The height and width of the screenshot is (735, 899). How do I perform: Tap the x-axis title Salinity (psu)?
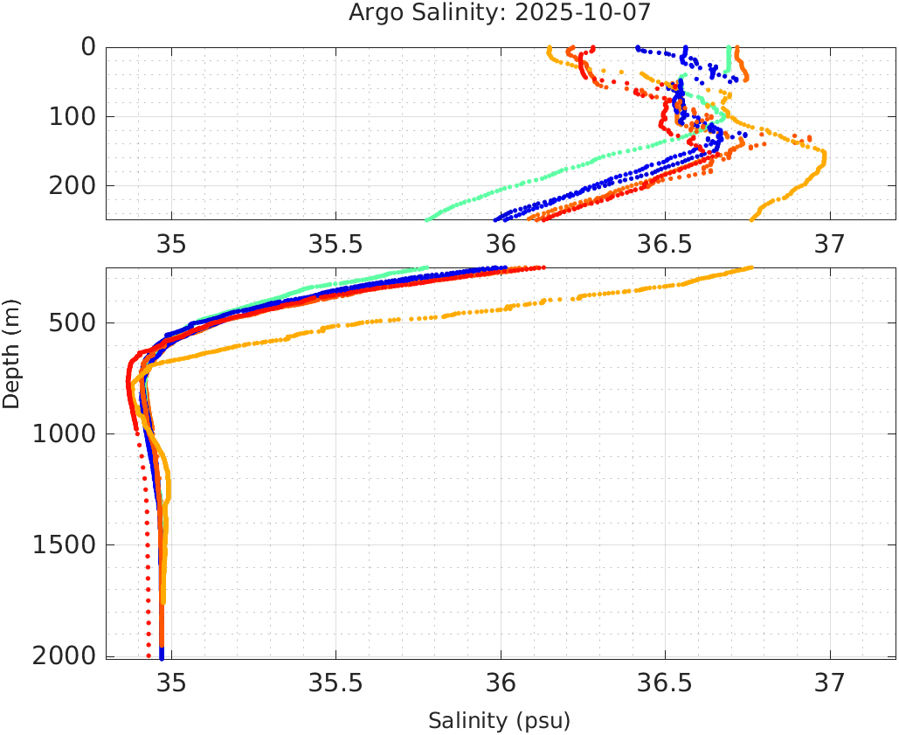click(499, 721)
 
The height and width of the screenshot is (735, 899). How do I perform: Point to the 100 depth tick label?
click(74, 116)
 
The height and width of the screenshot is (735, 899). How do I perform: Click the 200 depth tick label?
click(74, 185)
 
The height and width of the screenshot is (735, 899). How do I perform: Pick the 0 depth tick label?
click(88, 47)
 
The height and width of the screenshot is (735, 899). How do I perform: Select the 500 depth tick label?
click(74, 323)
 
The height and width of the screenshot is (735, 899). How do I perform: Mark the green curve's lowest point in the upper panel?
click(426, 219)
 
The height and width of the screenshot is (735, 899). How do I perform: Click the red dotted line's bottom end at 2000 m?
click(149, 655)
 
